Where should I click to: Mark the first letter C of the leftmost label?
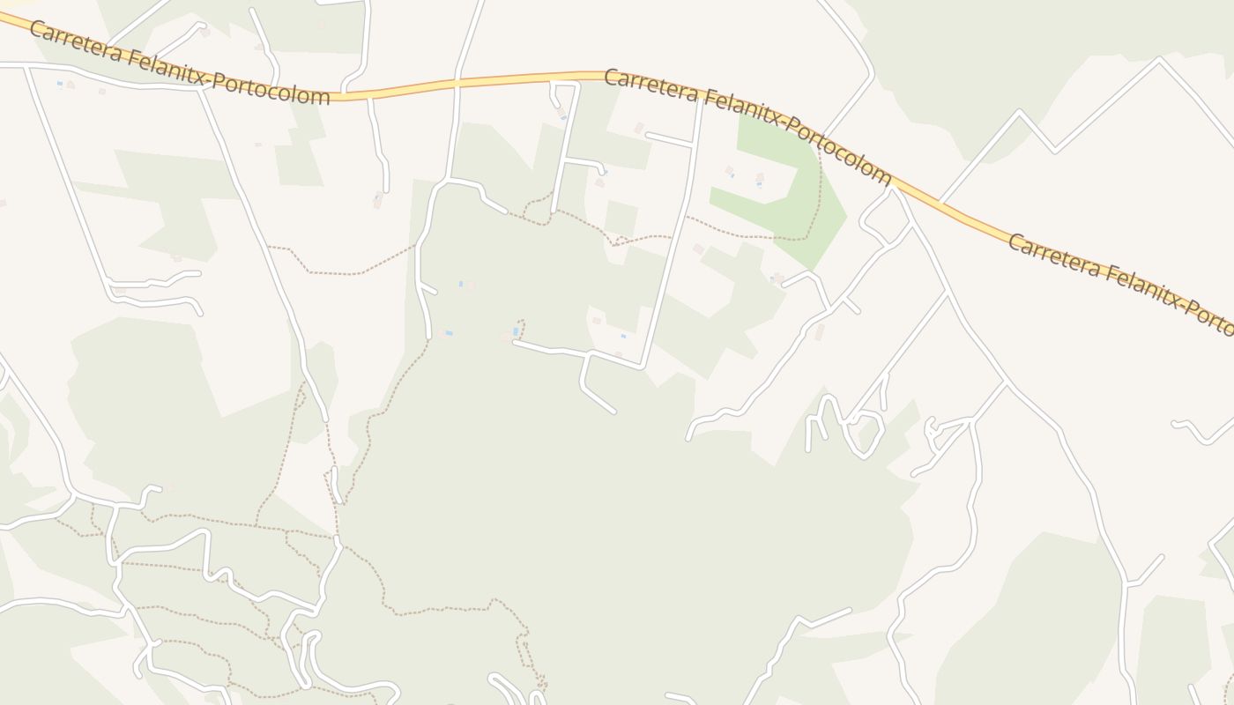pyautogui.click(x=36, y=30)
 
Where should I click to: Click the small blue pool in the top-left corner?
pyautogui.click(x=60, y=85)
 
